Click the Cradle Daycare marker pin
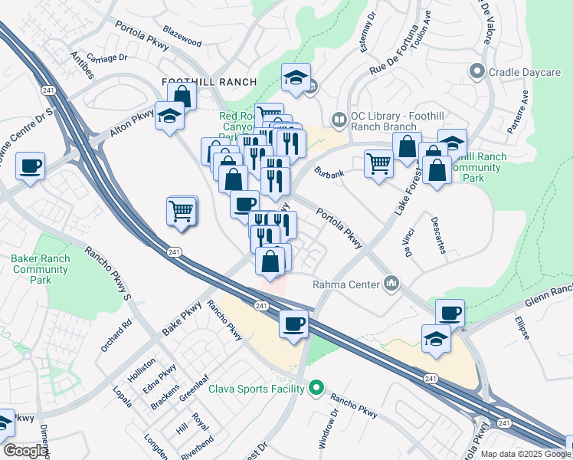477,73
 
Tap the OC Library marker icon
337,120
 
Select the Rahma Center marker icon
392,284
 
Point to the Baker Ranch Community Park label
41,269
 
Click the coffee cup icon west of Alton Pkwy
30,166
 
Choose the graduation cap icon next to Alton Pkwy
169,116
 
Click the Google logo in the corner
25,451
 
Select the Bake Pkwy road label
182,321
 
